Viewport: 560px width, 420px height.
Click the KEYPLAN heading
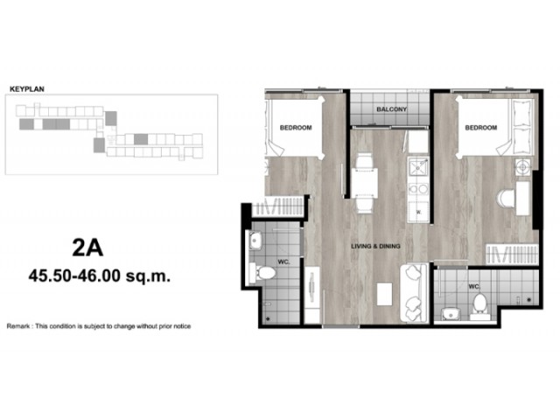pyautogui.click(x=27, y=89)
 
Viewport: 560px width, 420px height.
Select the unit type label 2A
pyautogui.click(x=87, y=248)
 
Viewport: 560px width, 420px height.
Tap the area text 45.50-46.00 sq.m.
pyautogui.click(x=100, y=276)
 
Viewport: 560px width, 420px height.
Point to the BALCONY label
pyautogui.click(x=391, y=108)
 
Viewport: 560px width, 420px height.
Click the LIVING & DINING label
pyautogui.click(x=375, y=246)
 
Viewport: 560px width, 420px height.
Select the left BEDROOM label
pyautogui.click(x=296, y=128)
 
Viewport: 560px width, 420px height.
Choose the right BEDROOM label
pyautogui.click(x=480, y=128)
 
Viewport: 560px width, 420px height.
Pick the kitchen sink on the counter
pyautogui.click(x=418, y=167)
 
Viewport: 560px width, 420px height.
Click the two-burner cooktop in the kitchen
pyautogui.click(x=418, y=189)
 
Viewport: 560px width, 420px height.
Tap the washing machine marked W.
pyautogui.click(x=418, y=212)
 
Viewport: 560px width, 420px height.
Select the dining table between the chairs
pyautogui.click(x=364, y=183)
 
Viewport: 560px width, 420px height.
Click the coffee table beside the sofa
pyautogui.click(x=384, y=294)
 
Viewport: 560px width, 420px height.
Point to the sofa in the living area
pyautogui.click(x=414, y=293)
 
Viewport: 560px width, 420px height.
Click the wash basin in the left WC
pyautogui.click(x=255, y=240)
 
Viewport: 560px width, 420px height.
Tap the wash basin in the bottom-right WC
pyautogui.click(x=451, y=314)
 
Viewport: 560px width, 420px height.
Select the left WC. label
pyautogui.click(x=283, y=262)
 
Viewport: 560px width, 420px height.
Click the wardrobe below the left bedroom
pyautogui.click(x=278, y=206)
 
